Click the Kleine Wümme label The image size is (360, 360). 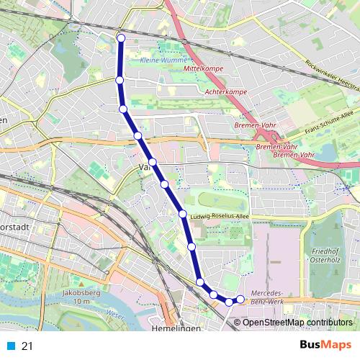tap(163, 60)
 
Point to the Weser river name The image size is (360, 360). tap(109, 314)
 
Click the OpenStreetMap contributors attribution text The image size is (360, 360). tap(299, 322)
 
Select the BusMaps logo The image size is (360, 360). tap(326, 346)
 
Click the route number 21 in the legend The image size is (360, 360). tap(27, 346)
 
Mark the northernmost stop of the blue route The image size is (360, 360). tap(121, 38)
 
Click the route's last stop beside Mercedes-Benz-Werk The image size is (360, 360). tap(240, 300)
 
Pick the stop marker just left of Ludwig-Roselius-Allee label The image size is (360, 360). tap(183, 214)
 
